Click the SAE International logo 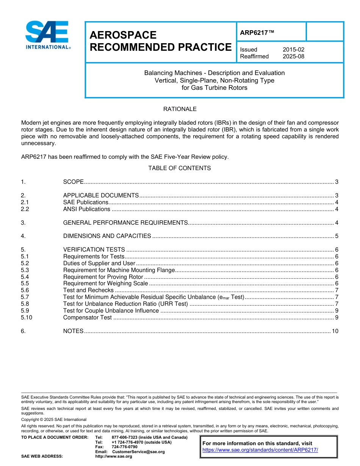(x=47, y=35)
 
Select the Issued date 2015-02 (x=293, y=50)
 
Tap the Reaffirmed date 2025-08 (x=293, y=56)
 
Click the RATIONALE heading (x=180, y=109)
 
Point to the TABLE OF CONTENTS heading (x=180, y=168)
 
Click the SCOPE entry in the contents (x=73, y=182)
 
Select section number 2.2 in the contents (x=25, y=209)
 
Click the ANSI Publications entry (x=87, y=209)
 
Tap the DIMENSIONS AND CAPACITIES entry (x=107, y=236)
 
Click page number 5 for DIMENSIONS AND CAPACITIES (x=337, y=236)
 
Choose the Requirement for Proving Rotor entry (x=103, y=277)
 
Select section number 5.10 (x=27, y=317)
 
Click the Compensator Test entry (x=88, y=317)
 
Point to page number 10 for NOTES (x=335, y=331)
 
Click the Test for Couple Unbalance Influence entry (x=111, y=311)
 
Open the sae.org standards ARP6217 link (x=260, y=450)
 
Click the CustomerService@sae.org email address (x=139, y=452)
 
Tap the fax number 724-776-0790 (x=125, y=447)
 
